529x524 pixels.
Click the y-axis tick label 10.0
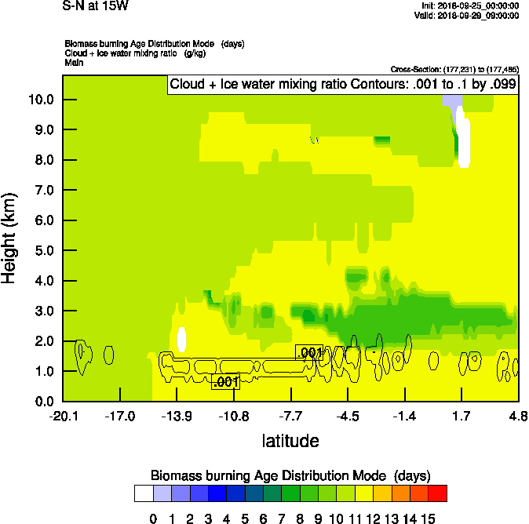(39, 100)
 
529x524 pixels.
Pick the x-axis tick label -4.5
(348, 416)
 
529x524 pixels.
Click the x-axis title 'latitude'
(290, 441)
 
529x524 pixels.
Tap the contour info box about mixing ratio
(343, 85)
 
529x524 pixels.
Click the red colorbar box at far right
(438, 493)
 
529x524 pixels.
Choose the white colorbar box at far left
(144, 493)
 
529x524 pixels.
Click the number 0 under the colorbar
(153, 519)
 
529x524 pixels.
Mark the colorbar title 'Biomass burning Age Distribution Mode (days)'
(290, 475)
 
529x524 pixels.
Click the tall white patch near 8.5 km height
(464, 141)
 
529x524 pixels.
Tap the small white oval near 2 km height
(182, 339)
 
